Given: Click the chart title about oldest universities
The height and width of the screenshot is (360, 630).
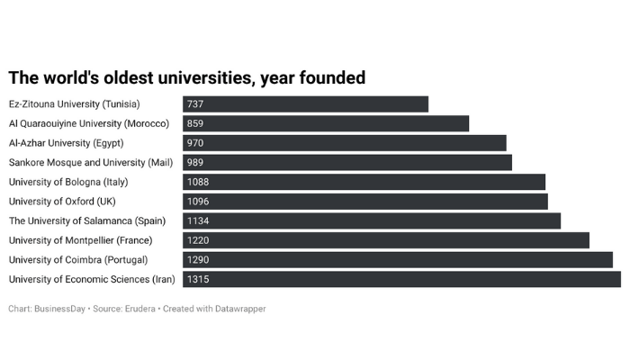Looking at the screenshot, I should point(186,78).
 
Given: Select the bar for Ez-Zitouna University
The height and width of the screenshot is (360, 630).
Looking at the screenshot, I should point(306,104).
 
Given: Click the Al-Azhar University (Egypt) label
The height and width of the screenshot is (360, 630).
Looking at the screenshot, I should point(66,143).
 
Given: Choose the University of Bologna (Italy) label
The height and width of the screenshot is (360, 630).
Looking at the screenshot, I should point(68,182).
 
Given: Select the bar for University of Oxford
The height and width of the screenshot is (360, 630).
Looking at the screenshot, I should point(364,202).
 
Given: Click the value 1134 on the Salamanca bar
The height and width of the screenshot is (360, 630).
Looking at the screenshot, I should point(198,221).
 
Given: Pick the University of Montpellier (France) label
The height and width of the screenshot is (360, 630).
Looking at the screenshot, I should point(81,240).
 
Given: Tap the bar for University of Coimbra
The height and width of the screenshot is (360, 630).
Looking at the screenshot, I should point(397,260).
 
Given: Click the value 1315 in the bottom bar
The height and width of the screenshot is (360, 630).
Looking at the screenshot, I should point(198,280).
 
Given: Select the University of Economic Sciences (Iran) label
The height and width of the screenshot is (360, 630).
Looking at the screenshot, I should point(92,280).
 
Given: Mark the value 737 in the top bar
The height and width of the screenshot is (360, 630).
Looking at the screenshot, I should point(195,104).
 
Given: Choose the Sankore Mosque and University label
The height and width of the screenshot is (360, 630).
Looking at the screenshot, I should point(90,163).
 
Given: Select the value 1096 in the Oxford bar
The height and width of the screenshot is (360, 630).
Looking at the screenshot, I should point(198,202).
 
